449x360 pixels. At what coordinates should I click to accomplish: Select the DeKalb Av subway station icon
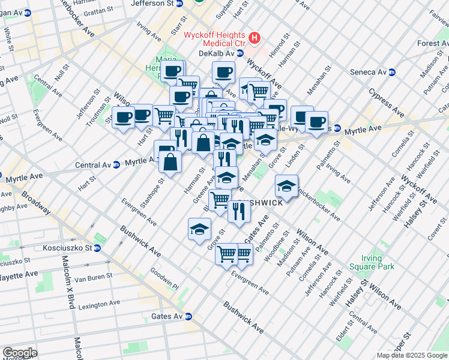[x=240, y=53]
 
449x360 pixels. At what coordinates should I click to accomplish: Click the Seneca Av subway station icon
[x=393, y=72]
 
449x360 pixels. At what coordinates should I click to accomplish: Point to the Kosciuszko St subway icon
[x=97, y=248]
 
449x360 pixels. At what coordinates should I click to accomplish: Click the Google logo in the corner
[x=20, y=353]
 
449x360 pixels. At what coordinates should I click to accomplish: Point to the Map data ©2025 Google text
[x=412, y=355]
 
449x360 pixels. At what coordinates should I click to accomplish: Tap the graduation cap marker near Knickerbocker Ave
[x=287, y=185]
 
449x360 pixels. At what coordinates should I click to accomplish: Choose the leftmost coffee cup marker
[x=124, y=117]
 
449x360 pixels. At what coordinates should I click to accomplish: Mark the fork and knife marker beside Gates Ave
[x=239, y=211]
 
